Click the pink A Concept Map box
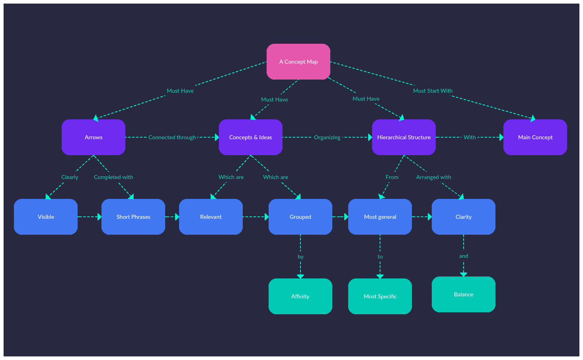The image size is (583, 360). coord(298,62)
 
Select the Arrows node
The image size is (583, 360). coord(94,137)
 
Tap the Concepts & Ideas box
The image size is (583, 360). coord(251,137)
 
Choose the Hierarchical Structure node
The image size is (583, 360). coord(404,137)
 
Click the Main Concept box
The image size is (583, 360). coord(535,137)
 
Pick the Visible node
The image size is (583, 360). coord(46,217)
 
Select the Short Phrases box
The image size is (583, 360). coord(133,217)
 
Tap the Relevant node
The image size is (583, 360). coord(211,217)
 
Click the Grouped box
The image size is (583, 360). coord(300,217)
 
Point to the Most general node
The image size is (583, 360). coord(380,217)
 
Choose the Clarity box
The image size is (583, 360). coord(464,217)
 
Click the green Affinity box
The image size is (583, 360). coord(300,296)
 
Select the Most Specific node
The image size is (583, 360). coord(380,296)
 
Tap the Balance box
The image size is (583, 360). coord(464,294)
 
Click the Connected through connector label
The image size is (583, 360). coord(172,137)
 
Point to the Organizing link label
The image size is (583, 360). coord(327,137)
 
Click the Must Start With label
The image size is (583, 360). coord(433,91)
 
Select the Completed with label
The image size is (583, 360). coord(113,177)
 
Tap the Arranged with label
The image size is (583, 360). coord(433,177)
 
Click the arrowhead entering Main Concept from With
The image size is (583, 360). coord(501,137)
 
